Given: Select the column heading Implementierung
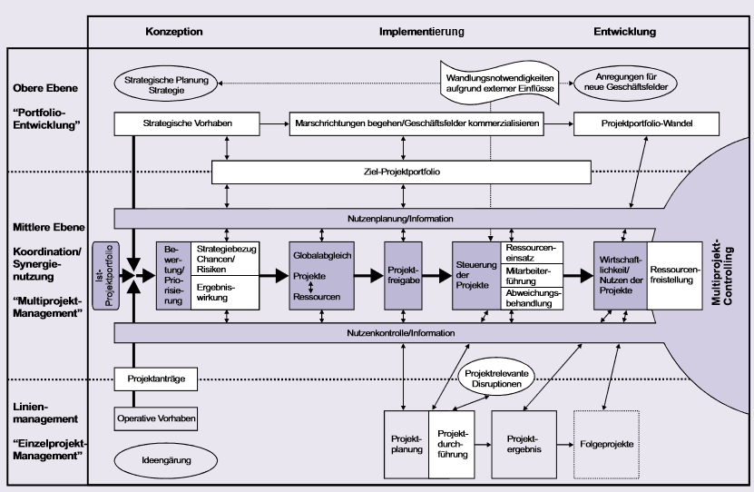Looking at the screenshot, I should point(417,32).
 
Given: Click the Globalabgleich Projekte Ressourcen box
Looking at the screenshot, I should point(319,275).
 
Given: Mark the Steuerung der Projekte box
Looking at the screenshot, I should point(476,275).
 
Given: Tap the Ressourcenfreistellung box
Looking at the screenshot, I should point(675,275).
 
